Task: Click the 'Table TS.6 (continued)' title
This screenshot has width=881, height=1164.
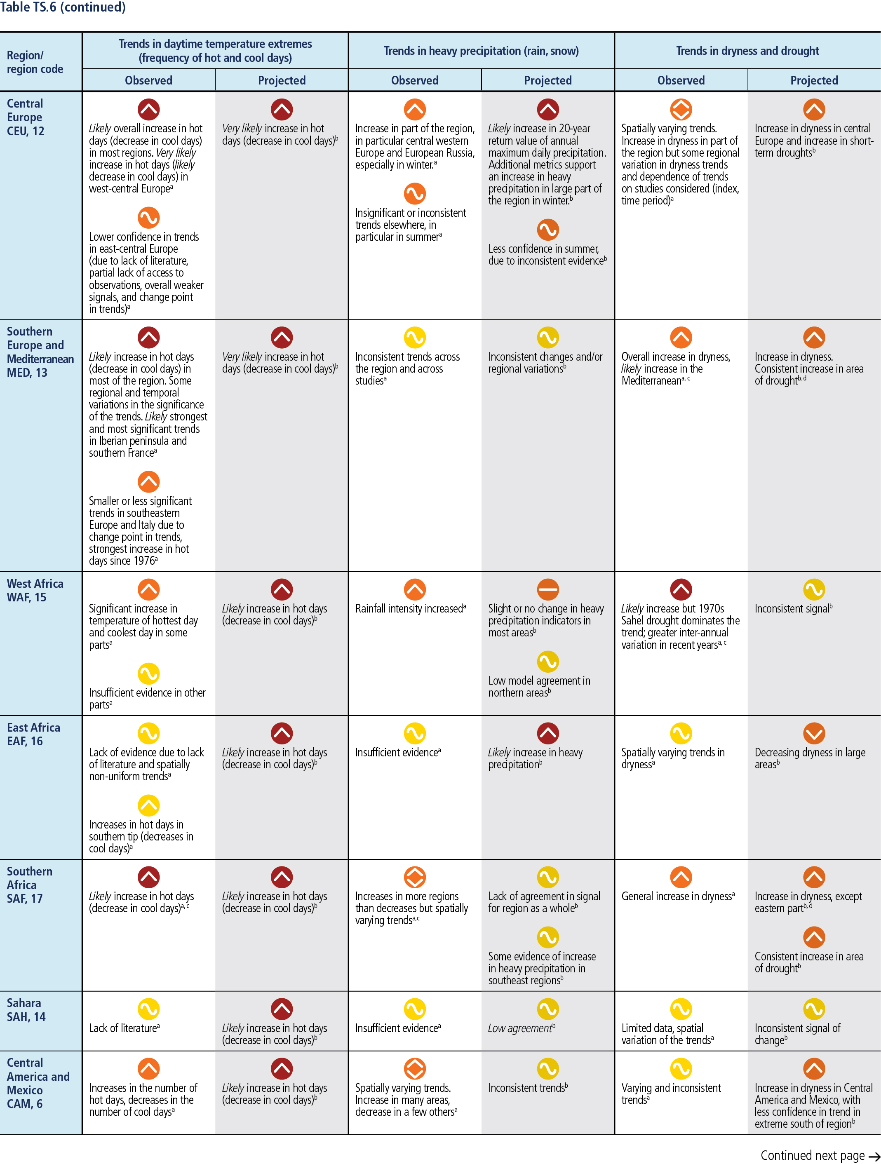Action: pos(63,7)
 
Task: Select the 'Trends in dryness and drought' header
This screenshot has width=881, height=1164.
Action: pos(747,51)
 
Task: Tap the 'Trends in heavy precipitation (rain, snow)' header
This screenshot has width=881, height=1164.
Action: pos(481,51)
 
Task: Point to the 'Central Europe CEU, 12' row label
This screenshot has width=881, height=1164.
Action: pos(25,117)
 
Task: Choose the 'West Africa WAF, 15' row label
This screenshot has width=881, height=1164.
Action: pos(35,590)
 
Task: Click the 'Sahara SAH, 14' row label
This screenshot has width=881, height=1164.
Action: pos(26,1010)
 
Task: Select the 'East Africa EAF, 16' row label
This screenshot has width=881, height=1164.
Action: pos(33,734)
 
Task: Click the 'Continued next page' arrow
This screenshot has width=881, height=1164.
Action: pos(873,1157)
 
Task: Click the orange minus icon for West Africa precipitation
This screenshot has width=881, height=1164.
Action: pos(548,589)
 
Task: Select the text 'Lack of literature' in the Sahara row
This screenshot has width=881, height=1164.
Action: pos(124,1028)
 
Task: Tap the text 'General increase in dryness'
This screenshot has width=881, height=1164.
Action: pos(678,896)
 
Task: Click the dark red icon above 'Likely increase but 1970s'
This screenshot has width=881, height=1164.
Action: pos(681,589)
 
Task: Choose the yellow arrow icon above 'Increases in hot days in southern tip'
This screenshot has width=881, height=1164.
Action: pos(148,805)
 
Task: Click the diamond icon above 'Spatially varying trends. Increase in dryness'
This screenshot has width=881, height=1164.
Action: pos(681,110)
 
